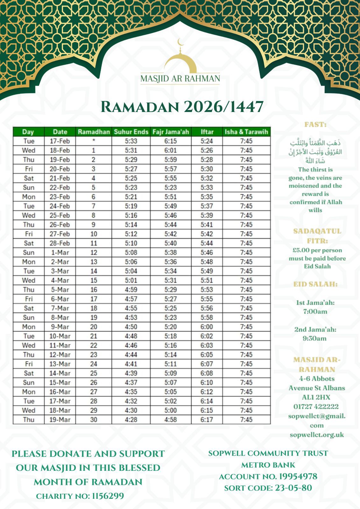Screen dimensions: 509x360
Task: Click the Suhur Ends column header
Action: point(131,132)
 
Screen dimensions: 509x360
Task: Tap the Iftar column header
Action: point(207,132)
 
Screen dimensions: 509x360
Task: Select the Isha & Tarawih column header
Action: point(246,132)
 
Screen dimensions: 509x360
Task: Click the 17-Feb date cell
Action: point(60,141)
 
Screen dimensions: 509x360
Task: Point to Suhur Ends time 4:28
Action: point(131,420)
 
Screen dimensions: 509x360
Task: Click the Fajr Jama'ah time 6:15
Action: point(171,141)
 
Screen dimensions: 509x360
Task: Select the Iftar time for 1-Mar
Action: point(207,253)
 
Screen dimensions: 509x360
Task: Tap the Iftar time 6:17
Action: point(207,420)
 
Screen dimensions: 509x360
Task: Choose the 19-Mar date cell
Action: point(60,420)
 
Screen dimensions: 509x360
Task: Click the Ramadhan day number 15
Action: point(94,280)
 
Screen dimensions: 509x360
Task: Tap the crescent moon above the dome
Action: point(180,42)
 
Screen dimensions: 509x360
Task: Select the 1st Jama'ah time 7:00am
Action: point(315,311)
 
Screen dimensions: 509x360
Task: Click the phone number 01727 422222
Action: point(316,407)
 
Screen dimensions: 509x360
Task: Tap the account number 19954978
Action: point(298,476)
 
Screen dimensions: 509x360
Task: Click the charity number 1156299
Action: point(108,496)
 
